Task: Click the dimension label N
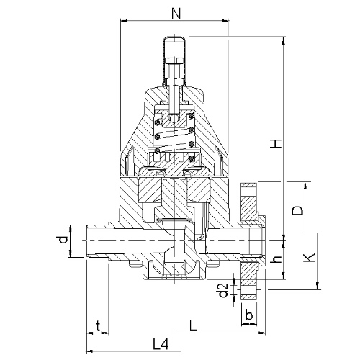(176, 14)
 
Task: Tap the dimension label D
(297, 211)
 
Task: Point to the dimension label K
(309, 258)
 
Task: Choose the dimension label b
(249, 315)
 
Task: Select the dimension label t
(98, 326)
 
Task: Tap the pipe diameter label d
(63, 240)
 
